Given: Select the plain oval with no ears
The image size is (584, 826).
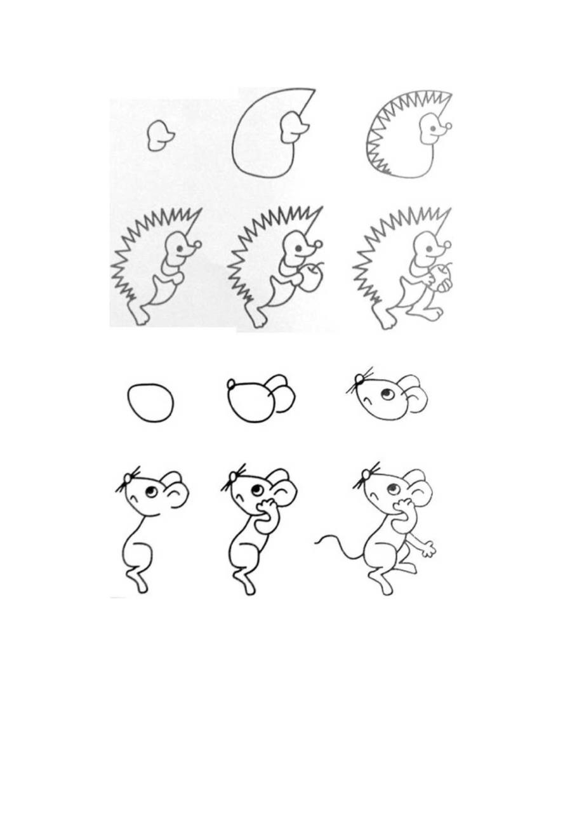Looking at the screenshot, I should click(150, 403).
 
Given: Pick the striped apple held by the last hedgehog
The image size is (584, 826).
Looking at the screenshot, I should click(443, 279).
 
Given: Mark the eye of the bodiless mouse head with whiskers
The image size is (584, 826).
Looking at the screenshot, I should click(387, 396).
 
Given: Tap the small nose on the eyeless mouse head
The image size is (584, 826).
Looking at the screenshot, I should click(232, 383).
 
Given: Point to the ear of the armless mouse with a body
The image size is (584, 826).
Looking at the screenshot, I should click(175, 488).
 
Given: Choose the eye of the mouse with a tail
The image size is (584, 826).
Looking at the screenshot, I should click(392, 490).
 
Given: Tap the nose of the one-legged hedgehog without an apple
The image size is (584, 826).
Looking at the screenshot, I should click(198, 243).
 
